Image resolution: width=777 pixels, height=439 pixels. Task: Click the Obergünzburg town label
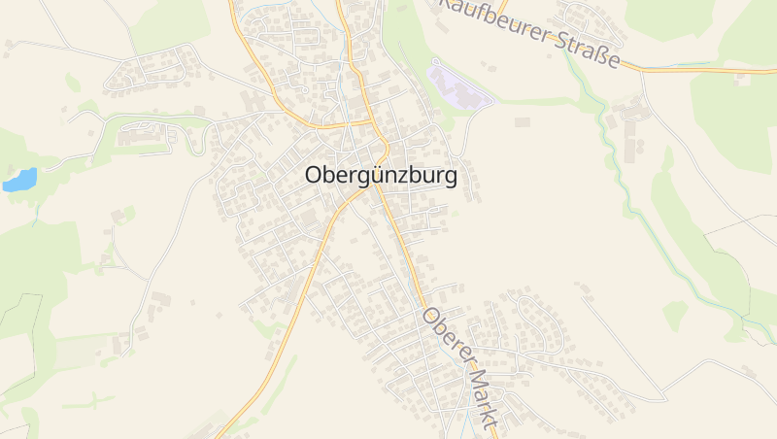coord(381,177)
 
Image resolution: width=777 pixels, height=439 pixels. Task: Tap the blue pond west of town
coord(20,180)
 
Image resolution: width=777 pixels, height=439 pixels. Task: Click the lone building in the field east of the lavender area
coord(523,121)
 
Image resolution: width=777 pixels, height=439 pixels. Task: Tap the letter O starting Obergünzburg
coord(314,177)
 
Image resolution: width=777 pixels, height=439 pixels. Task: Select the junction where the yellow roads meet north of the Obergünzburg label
coord(373,122)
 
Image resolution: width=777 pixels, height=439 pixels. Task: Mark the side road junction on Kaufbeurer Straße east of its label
coord(641,69)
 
